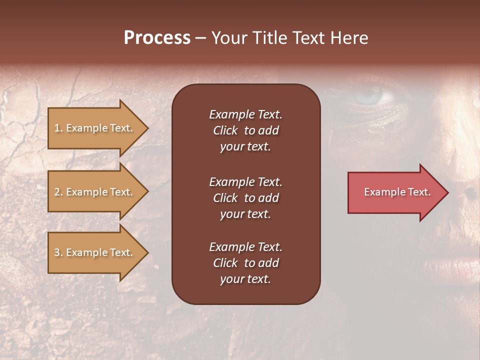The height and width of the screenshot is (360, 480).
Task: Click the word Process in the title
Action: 157,38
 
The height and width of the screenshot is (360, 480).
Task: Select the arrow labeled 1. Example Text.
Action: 95,128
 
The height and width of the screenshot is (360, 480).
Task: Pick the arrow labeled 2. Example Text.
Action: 95,192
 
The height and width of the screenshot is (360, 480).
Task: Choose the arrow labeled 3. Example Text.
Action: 95,252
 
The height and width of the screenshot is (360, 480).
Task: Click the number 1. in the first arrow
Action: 58,128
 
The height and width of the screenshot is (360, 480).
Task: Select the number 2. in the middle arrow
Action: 58,192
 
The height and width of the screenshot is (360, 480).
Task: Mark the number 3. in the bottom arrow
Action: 58,252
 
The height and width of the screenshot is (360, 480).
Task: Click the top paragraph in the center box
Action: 245,130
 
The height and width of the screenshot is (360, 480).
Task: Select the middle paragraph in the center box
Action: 245,197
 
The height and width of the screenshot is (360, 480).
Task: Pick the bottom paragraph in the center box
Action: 245,263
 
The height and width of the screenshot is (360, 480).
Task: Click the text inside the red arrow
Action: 397,192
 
